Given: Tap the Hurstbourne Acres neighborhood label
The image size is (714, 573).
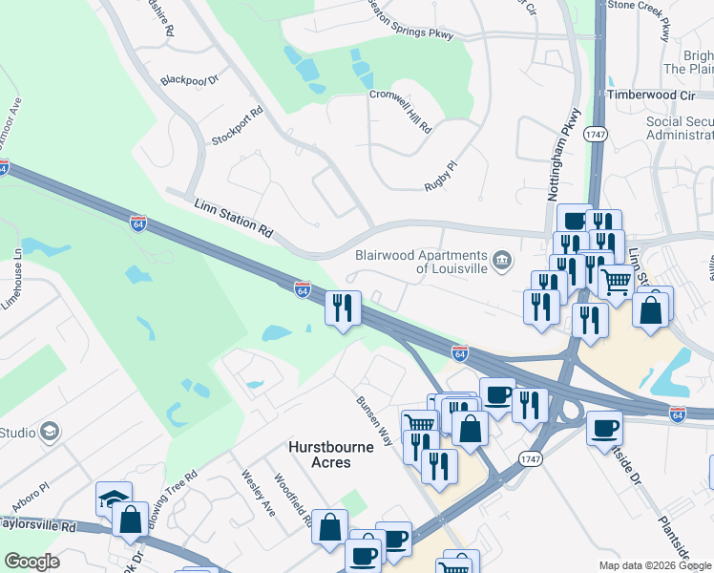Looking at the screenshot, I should click(320, 455).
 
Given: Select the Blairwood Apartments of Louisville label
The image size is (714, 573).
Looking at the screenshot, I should click(421, 261).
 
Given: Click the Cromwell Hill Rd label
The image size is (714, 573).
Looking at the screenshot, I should click(401, 112).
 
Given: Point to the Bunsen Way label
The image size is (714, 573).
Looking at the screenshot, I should click(375, 421).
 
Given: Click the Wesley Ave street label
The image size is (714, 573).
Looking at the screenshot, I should click(258, 493).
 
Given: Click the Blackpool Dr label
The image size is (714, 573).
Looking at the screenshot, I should click(190, 80).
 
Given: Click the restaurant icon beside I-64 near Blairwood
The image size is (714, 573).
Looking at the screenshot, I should click(343, 308).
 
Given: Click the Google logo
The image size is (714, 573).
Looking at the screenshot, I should click(32, 562).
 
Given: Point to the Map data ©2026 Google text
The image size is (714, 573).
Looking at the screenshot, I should click(655, 565).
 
